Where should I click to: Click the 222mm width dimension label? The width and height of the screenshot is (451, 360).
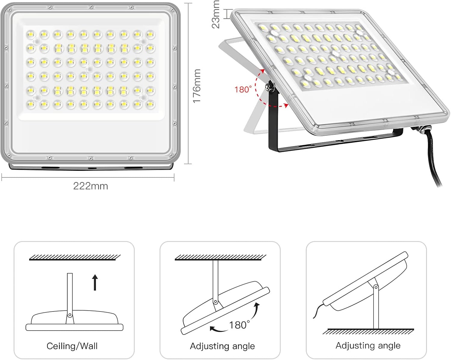coord(91,186)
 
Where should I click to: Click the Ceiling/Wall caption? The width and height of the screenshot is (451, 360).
coord(72,346)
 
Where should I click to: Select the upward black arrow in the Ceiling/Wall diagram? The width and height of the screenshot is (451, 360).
coord(95,282)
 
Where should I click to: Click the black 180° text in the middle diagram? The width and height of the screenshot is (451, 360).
coord(239,325)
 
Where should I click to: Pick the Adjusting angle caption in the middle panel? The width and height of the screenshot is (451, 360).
coord(222,346)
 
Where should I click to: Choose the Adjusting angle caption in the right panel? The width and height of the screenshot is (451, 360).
coord(368,346)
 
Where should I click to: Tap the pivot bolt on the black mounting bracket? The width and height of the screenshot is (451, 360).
coord(268,87)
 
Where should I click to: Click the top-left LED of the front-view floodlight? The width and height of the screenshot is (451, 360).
coord(31,34)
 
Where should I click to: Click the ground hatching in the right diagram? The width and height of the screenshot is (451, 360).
coord(368,331)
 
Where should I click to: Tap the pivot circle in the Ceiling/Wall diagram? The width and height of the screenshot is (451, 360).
coord(70,315)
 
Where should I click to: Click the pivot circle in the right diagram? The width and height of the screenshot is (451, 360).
coord(376,288)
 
